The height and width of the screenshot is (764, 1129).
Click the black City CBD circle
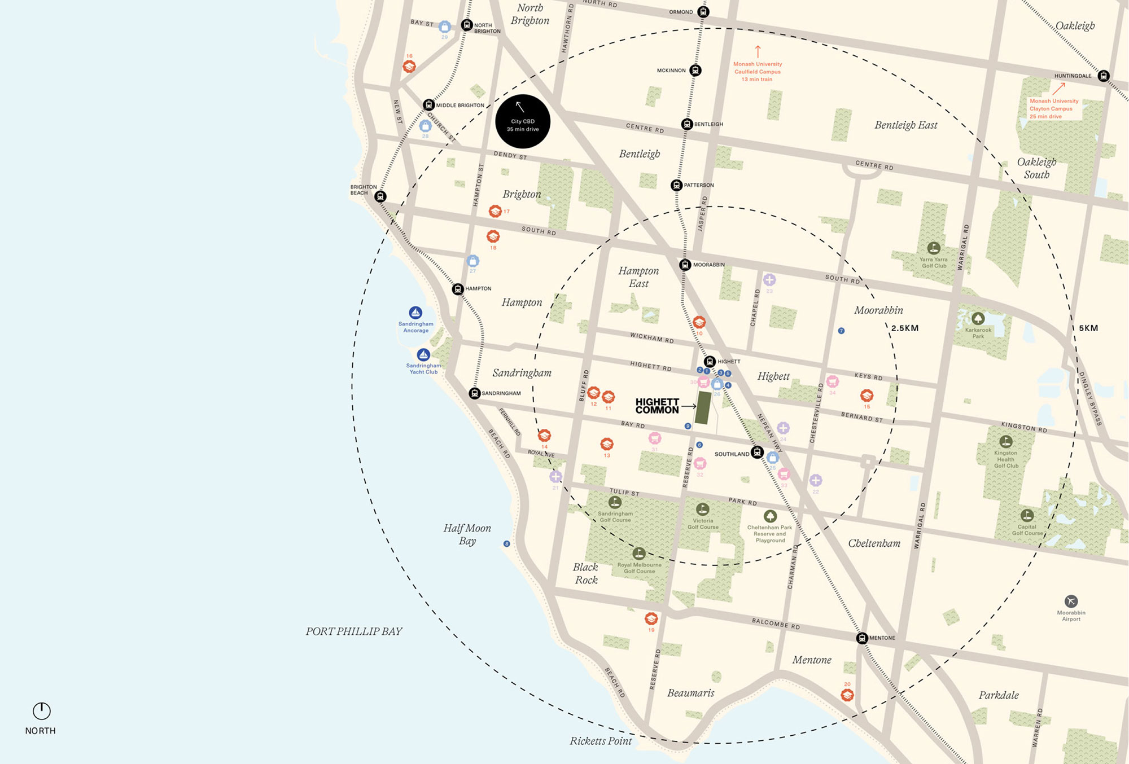coord(523,121)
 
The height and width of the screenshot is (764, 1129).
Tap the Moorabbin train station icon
coord(685,265)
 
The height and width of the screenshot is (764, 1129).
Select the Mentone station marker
coord(861,638)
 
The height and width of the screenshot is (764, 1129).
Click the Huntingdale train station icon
coord(1104,76)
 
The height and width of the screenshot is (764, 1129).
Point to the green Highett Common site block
coord(703,407)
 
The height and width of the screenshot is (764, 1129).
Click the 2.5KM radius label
coord(905,328)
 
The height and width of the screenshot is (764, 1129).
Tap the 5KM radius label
coord(1088,328)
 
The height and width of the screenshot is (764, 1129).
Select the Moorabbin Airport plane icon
coord(1071,601)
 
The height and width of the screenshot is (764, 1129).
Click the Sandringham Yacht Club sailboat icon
coord(423,355)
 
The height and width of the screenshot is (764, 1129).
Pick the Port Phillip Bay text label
coord(354,631)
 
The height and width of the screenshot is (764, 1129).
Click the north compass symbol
coord(41,711)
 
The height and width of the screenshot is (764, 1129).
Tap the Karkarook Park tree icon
coord(978,318)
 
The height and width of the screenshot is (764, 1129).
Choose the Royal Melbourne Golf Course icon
coord(638,553)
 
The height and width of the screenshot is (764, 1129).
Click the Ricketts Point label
coord(601,741)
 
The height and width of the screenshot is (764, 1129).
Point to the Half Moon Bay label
coord(467,534)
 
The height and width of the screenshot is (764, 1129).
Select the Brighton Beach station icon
coord(380,196)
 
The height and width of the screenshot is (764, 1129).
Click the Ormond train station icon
coord(703,11)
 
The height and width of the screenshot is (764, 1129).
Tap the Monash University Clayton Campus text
coord(1053,108)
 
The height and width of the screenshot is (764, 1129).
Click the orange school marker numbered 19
coord(651,618)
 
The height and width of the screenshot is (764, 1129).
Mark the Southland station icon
coord(757,453)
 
